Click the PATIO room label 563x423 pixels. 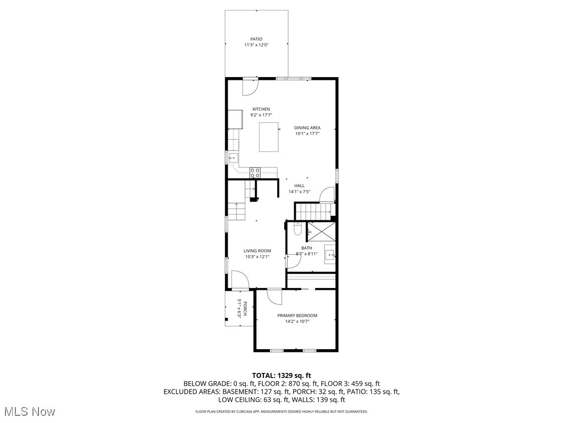click(256, 39)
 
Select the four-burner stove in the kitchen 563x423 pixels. click(255, 172)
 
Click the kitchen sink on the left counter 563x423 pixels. click(231, 158)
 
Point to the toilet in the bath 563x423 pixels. click(297, 230)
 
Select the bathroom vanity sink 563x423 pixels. click(330, 254)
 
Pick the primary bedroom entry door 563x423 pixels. click(274, 296)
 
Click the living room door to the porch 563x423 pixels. click(240, 280)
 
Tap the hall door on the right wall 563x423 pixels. click(327, 194)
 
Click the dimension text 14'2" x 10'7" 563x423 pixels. click(297, 322)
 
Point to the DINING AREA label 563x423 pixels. click(307, 128)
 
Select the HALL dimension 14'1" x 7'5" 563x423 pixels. click(300, 192)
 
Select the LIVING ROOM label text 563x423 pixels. click(257, 251)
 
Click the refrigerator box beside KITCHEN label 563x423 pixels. click(235, 119)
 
